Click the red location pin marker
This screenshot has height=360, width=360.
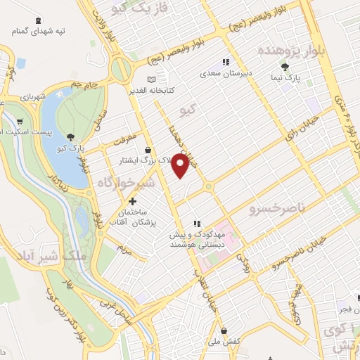click(x=181, y=166)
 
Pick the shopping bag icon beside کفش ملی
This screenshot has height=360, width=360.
click(x=224, y=330)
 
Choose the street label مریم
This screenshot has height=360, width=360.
click(x=126, y=249)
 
